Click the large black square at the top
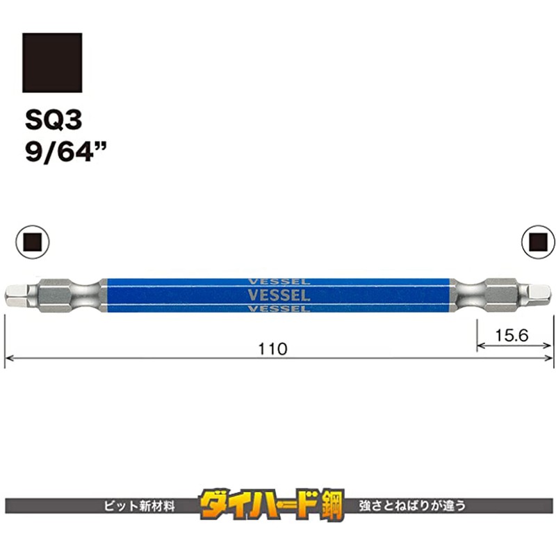tap(52, 63)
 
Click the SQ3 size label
tap(54, 120)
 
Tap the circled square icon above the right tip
tap(537, 241)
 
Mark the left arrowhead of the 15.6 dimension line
tap(480, 345)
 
